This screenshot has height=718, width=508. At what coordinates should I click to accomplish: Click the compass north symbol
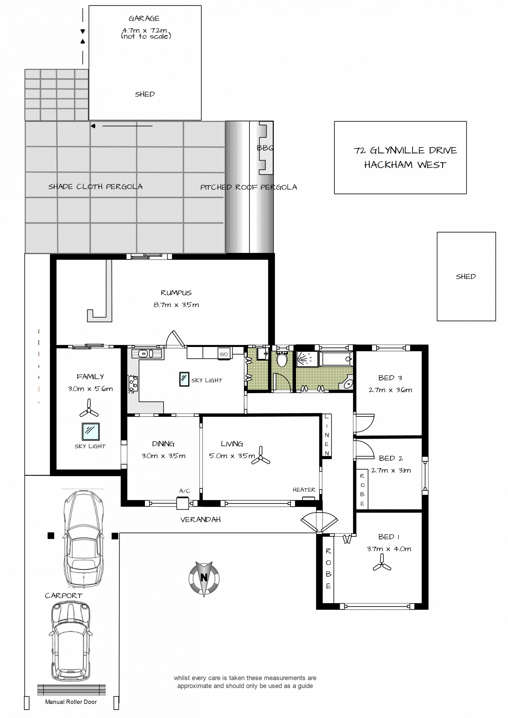pyautogui.click(x=204, y=579)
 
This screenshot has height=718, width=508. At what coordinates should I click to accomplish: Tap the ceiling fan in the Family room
pyautogui.click(x=89, y=408)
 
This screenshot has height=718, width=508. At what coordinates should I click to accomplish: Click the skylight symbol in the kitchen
pyautogui.click(x=184, y=379)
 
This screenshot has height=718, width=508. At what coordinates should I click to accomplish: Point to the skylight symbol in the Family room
pyautogui.click(x=91, y=431)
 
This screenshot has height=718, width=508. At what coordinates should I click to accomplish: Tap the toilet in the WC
pyautogui.click(x=282, y=358)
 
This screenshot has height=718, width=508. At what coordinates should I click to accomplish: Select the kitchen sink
pyautogui.click(x=147, y=354)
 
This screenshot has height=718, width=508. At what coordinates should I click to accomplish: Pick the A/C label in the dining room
pyautogui.click(x=185, y=491)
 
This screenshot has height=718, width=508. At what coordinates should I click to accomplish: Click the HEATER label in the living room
pyautogui.click(x=304, y=490)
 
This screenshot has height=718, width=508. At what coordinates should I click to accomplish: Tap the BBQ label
pyautogui.click(x=265, y=148)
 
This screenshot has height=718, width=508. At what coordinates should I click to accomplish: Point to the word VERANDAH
pyautogui.click(x=201, y=520)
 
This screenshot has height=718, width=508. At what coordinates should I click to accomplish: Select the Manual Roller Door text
pyautogui.click(x=71, y=702)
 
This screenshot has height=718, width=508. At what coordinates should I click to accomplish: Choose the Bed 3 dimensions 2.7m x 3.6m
pyautogui.click(x=390, y=390)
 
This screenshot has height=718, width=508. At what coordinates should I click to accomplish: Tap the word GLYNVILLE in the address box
pyautogui.click(x=397, y=151)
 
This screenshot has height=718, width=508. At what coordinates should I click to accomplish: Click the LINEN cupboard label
pyautogui.click(x=326, y=435)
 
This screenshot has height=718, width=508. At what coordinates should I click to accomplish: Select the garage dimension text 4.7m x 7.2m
pyautogui.click(x=144, y=30)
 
